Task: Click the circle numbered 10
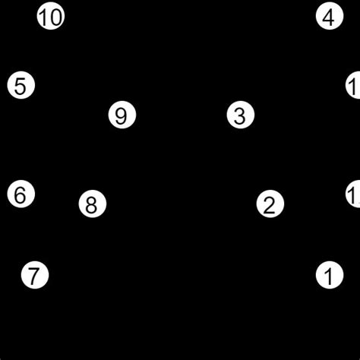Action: pyautogui.click(x=51, y=17)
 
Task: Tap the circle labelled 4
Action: pyautogui.click(x=329, y=17)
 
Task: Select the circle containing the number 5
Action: pyautogui.click(x=21, y=86)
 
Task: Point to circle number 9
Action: pyautogui.click(x=122, y=116)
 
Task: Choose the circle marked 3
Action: pyautogui.click(x=240, y=116)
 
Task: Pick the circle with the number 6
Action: pyautogui.click(x=21, y=194)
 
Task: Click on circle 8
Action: pyautogui.click(x=92, y=204)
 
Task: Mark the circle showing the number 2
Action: pyautogui.click(x=270, y=204)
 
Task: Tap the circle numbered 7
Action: pyautogui.click(x=34, y=275)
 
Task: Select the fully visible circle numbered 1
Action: pyautogui.click(x=329, y=275)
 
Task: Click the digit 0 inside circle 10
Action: pyautogui.click(x=55, y=17)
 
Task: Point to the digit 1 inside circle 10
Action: pyautogui.click(x=45, y=17)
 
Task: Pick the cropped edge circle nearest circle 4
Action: pyautogui.click(x=354, y=86)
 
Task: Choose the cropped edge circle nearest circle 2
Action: pyautogui.click(x=354, y=194)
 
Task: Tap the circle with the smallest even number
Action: pyautogui.click(x=270, y=204)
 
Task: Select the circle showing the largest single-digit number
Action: pyautogui.click(x=122, y=116)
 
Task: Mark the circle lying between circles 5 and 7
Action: pyautogui.click(x=21, y=194)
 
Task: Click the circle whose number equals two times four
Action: pyautogui.click(x=92, y=204)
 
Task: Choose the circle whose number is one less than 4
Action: pyautogui.click(x=240, y=116)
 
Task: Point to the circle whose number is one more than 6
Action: pyautogui.click(x=34, y=275)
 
